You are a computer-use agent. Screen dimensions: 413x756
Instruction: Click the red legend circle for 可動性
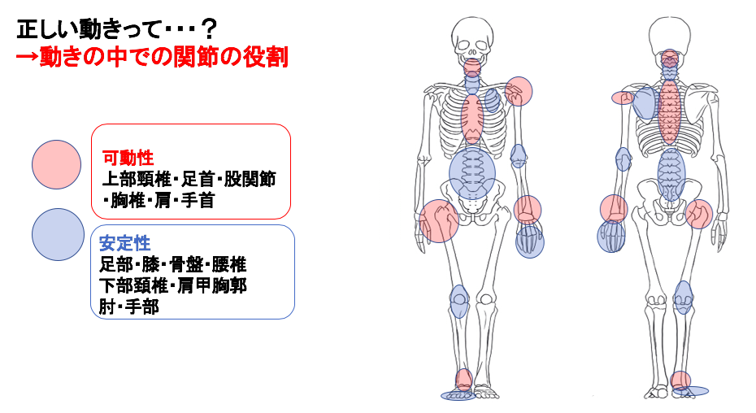pos(56,165)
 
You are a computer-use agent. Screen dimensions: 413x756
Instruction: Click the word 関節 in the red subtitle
pos(187,59)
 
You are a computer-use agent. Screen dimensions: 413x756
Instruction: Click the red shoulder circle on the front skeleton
pos(518,92)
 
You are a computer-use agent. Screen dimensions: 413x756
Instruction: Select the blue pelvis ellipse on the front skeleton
pos(472,171)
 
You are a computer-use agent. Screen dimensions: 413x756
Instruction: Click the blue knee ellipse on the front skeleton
pos(458,301)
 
